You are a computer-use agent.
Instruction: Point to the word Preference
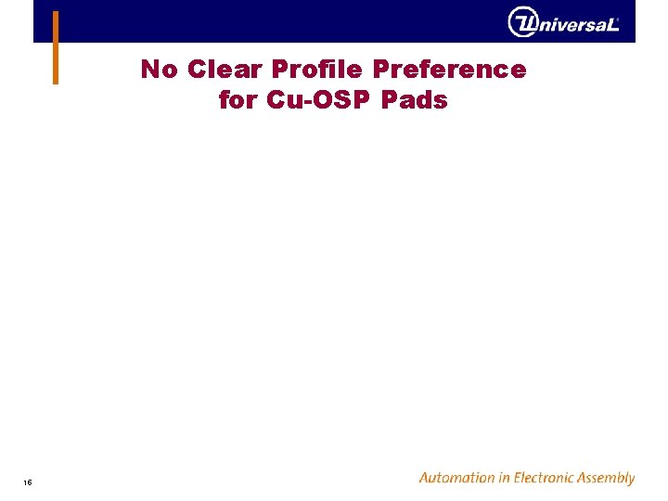coord(449,70)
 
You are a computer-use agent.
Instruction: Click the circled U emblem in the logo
coord(522,22)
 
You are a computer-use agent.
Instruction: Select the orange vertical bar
coord(56,47)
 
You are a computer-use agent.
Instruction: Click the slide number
coord(29,482)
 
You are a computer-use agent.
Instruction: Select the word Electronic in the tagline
coord(551,478)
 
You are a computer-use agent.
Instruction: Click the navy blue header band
coord(278,21)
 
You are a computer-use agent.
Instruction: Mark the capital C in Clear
coord(196,70)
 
